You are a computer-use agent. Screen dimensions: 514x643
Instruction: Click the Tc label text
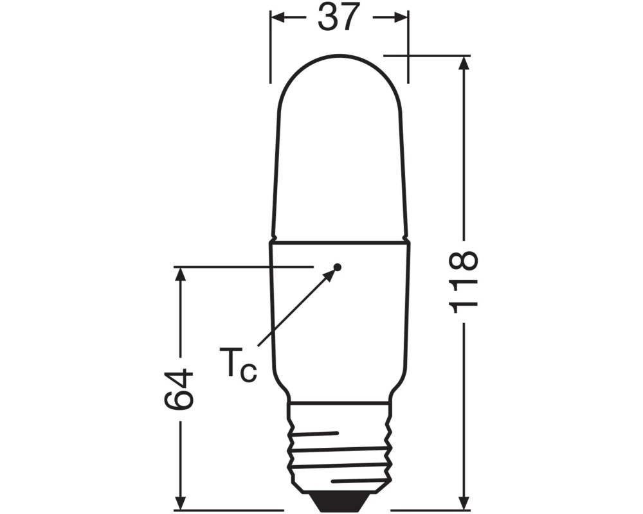(x=237, y=364)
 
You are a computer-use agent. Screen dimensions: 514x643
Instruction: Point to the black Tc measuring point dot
(x=338, y=267)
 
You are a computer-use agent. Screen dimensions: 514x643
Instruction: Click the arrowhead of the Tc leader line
(x=331, y=274)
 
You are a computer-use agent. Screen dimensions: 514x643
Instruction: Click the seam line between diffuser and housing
(x=338, y=242)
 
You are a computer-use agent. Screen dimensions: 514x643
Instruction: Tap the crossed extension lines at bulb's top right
(x=408, y=56)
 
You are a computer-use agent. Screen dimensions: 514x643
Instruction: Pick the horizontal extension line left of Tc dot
(x=244, y=265)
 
